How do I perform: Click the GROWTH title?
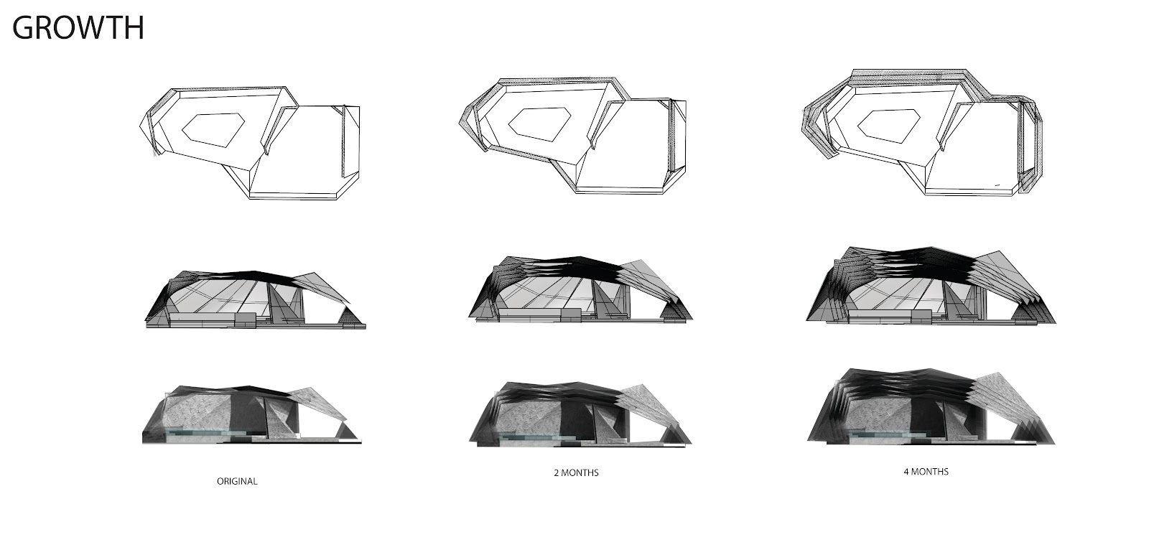tap(78, 28)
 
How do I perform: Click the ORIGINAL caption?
tap(237, 481)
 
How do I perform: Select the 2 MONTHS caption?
tap(576, 472)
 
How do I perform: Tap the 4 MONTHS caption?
tap(926, 472)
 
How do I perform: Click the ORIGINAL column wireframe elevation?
tap(256, 299)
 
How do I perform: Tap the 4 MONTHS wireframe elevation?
tap(931, 286)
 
